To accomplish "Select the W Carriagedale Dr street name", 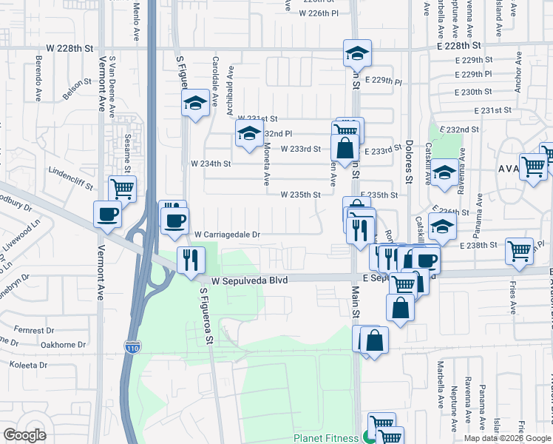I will (228, 235).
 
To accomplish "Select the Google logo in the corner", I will (24, 435).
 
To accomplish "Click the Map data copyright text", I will (507, 438).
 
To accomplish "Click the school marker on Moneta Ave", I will (249, 134).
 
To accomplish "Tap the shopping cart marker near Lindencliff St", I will (122, 188).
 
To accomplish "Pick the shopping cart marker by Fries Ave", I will (519, 250).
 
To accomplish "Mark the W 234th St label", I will (211, 164).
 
